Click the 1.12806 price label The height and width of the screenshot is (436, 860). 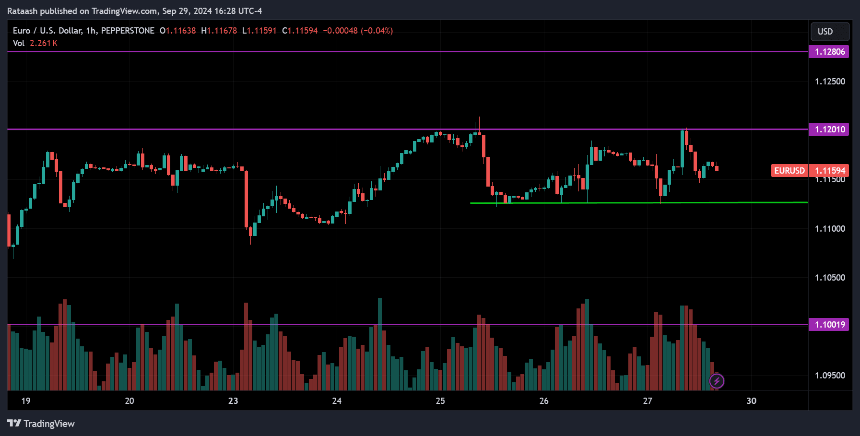829,52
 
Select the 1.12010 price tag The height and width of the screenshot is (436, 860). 829,130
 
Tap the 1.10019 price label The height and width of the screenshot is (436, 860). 829,325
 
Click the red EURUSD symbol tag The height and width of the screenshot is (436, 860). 789,171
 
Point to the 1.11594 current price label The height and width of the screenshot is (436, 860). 829,171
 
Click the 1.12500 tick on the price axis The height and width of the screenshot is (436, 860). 830,82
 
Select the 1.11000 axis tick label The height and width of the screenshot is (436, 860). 830,229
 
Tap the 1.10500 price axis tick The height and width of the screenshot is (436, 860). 830,278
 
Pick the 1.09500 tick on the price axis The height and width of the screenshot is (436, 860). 830,376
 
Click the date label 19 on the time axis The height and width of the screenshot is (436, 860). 26,401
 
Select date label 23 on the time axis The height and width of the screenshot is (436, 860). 233,401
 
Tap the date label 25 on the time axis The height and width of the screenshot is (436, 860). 440,401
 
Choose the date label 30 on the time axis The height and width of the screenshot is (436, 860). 751,401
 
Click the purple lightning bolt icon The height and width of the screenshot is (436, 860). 717,381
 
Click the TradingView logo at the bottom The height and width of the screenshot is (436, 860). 41,424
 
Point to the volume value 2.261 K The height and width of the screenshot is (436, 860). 44,43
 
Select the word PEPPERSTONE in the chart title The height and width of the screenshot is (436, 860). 128,31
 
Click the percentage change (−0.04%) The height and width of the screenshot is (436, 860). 377,31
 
